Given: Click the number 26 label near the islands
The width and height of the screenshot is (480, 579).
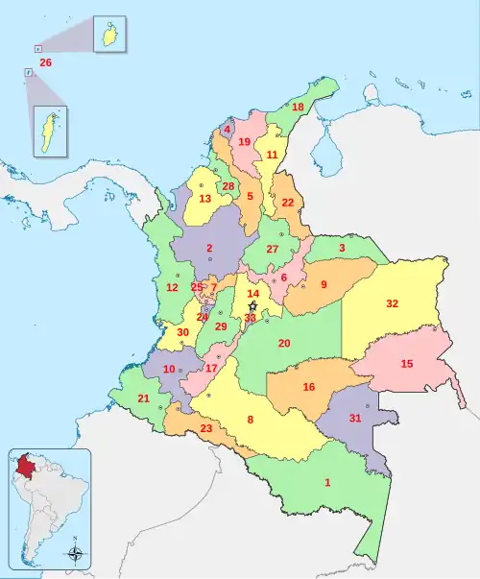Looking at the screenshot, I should point(45,62).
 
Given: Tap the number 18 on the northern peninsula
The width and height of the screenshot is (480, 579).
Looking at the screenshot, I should point(298,107).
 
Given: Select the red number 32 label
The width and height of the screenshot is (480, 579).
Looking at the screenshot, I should point(392,303).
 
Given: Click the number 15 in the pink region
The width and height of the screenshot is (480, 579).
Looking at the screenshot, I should point(407,364).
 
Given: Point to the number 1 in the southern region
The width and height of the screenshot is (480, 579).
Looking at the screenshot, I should point(327,482).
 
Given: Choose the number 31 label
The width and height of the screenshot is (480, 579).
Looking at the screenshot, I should point(355,418).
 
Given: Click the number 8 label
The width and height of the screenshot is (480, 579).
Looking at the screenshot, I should point(251,420).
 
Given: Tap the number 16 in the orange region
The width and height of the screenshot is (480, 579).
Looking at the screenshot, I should point(308,387).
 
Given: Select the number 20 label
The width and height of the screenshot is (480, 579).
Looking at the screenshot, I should point(284,343).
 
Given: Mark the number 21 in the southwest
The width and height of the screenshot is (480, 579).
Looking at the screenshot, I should point(143,398).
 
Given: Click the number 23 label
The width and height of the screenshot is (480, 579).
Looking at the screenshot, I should point(205,428).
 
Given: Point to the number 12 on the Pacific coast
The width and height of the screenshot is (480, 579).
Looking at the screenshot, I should point(172,287).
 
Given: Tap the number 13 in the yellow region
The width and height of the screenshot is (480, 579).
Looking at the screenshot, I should point(204,199).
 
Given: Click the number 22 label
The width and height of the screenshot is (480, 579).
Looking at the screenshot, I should point(288,203).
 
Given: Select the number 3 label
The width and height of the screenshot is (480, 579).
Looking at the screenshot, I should point(342,249).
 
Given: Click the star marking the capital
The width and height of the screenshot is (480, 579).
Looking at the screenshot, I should point(252,306).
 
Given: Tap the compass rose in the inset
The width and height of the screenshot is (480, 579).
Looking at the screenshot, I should point(75,553).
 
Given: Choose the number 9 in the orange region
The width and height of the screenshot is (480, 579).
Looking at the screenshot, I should point(324,284).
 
